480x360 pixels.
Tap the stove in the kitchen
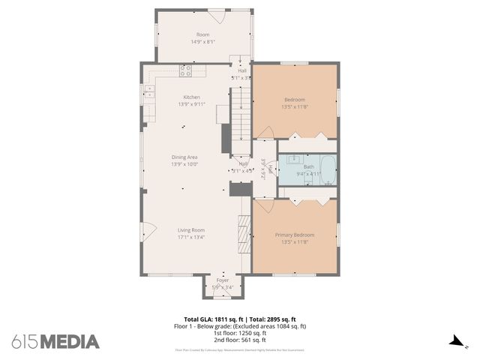pyautogui.click(x=185, y=71)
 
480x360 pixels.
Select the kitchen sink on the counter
pyautogui.click(x=149, y=91)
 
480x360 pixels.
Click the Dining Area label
pyautogui.click(x=184, y=157)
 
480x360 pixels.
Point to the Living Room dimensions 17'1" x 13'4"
pyautogui.click(x=191, y=238)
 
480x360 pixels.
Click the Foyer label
pyautogui.click(x=223, y=280)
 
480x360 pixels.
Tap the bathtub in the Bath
pyautogui.click(x=326, y=167)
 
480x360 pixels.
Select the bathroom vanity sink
pyautogui.click(x=289, y=159)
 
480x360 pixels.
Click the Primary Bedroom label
pyautogui.click(x=294, y=235)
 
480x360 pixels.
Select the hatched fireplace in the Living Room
pyautogui.click(x=242, y=237)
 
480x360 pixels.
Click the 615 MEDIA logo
pyautogui.click(x=55, y=342)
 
